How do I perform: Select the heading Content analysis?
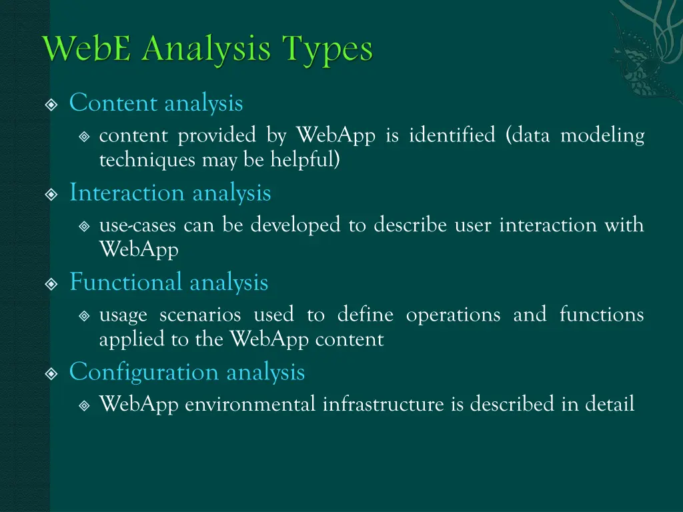156,103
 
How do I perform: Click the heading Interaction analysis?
170,193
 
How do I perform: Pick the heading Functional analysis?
169,283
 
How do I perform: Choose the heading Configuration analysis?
187,372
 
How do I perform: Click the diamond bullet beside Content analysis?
51,104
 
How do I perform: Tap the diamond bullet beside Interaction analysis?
51,194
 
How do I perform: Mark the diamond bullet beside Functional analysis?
51,283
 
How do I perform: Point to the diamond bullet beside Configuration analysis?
51,373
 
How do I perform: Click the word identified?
452,136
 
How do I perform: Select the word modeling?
602,136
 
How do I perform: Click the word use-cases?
137,226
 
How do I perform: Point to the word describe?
410,225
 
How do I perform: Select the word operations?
453,315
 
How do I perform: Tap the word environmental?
250,405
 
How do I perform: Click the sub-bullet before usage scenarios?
84,315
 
